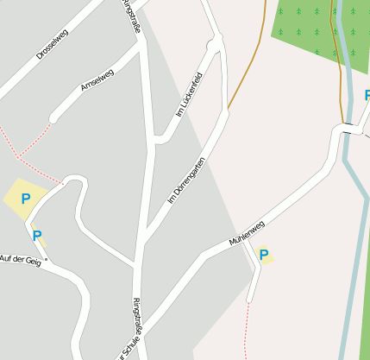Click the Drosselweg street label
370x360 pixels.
(x=53, y=44)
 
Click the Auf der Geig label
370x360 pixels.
(x=21, y=258)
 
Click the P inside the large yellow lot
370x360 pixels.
(x=26, y=199)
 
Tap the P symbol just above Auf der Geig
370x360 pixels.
(x=37, y=234)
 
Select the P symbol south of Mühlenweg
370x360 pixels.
(x=264, y=255)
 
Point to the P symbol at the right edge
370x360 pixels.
(x=366, y=95)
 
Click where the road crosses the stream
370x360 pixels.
(x=347, y=129)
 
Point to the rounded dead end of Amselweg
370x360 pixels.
(x=54, y=117)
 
